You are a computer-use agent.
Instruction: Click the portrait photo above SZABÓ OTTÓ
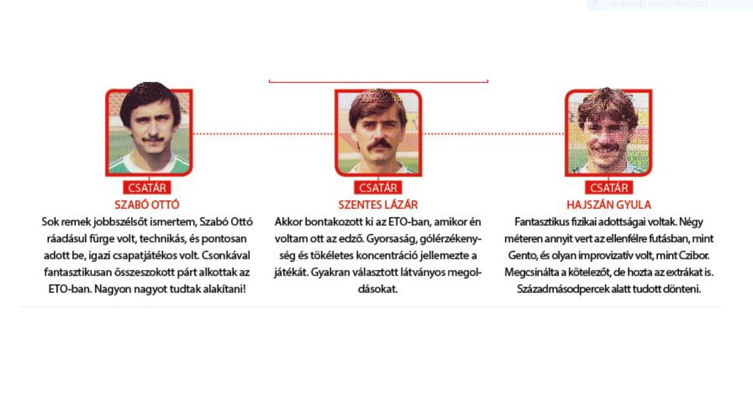click(149, 132)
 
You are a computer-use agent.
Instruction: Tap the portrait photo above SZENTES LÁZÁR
click(378, 132)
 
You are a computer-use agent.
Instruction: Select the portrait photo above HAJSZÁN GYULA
click(608, 132)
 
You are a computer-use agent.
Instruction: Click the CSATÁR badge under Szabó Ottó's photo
click(147, 188)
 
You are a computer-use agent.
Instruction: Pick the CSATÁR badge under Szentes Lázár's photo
click(378, 188)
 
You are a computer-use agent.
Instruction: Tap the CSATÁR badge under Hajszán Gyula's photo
click(608, 188)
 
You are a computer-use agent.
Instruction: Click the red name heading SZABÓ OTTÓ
click(147, 204)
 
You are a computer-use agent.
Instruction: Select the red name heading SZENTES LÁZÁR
click(378, 204)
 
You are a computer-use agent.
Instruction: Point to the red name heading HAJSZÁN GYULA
click(608, 204)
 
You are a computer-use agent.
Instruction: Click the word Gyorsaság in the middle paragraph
click(391, 239)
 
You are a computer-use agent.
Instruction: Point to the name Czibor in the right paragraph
click(694, 255)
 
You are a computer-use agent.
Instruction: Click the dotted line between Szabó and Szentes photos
click(263, 134)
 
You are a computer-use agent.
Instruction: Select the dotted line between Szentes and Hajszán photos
click(493, 134)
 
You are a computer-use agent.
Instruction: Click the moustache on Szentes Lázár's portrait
click(379, 145)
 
